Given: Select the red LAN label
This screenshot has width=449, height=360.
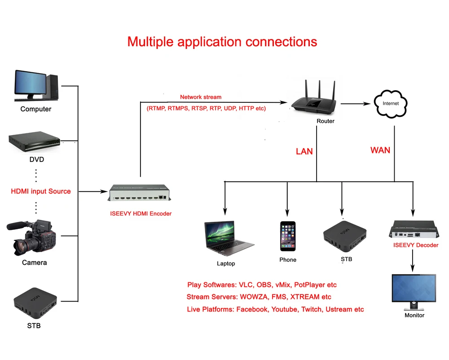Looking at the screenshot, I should pos(304,151).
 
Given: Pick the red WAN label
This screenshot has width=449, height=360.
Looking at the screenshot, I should pos(380,150).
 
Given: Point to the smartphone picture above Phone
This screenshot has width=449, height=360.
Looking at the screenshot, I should pos(288,237).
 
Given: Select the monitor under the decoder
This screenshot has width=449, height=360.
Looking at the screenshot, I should pos(414,291).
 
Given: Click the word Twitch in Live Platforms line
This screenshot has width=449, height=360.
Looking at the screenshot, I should pos(312,309).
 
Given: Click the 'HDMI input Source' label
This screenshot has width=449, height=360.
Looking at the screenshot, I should pos(41,191).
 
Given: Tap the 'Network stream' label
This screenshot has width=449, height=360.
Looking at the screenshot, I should pos(201,97).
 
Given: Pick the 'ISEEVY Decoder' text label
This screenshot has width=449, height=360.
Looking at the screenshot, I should pos(416,245).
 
